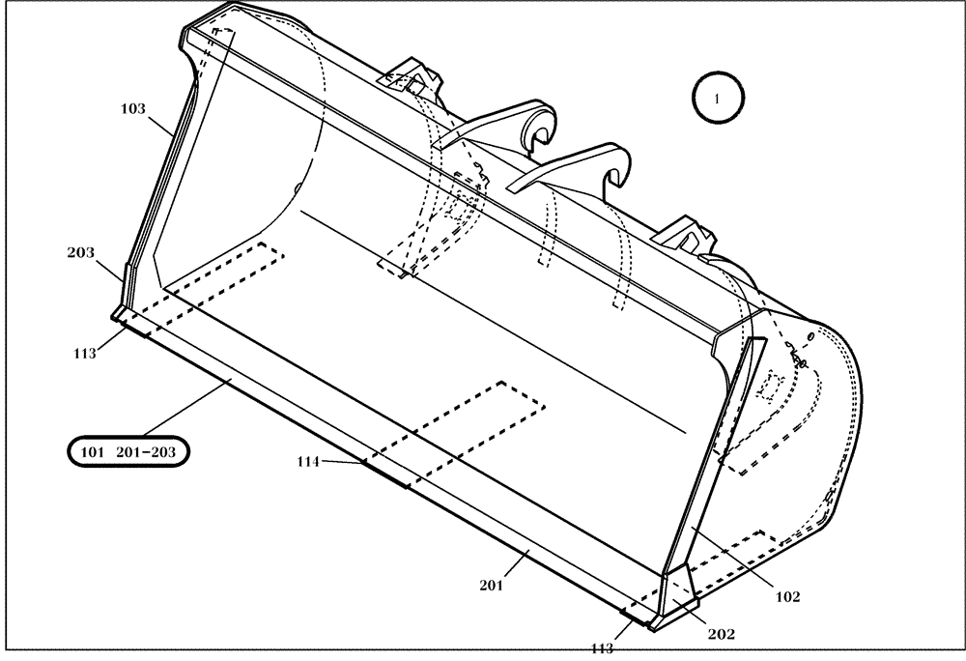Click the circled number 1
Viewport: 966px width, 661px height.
716,97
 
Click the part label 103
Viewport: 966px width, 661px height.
132,109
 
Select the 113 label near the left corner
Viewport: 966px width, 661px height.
84,354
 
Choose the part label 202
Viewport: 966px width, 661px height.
721,635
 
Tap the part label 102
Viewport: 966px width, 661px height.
787,596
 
